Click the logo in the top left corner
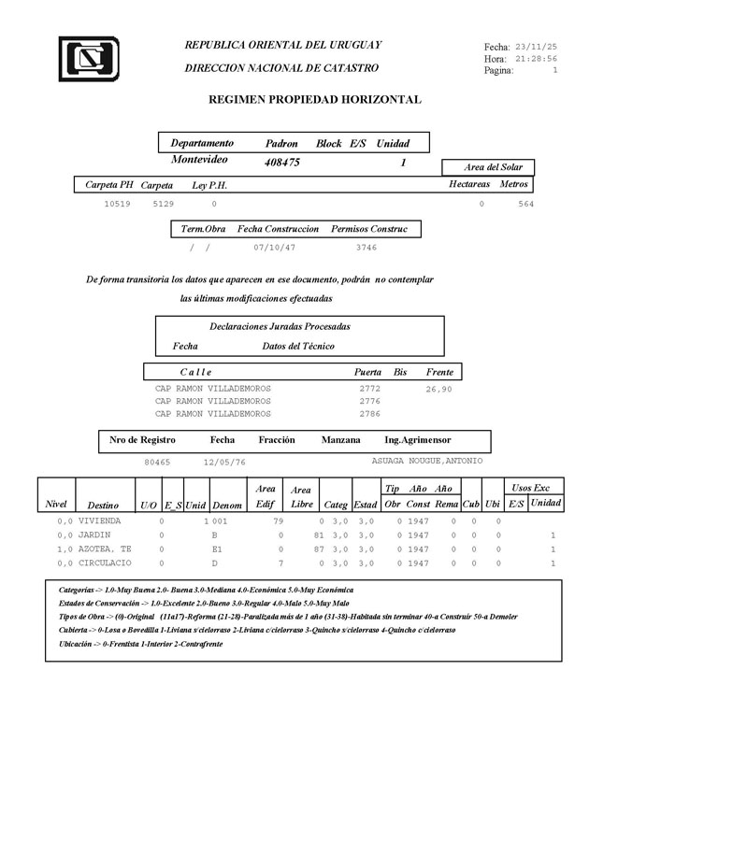88,59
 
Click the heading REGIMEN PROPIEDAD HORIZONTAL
314,99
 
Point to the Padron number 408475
282,162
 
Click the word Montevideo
199,160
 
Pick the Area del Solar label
493,167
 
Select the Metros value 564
525,204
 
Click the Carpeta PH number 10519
117,203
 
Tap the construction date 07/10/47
274,248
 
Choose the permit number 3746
366,248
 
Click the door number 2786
369,413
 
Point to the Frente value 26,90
438,389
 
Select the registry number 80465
157,462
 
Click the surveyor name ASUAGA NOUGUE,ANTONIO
427,461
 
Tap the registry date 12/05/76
224,462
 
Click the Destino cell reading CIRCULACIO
105,563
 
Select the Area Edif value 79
278,520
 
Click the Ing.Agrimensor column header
417,439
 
